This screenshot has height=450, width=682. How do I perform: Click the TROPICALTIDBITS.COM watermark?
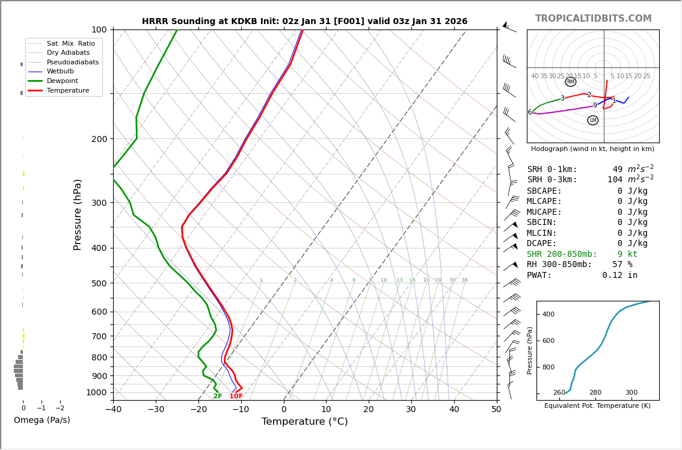[593, 19]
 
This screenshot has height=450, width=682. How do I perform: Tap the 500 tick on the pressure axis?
[99, 283]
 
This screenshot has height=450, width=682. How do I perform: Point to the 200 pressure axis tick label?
[99, 139]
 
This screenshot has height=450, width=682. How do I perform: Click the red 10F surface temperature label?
[236, 396]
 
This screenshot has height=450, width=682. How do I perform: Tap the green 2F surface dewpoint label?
[218, 396]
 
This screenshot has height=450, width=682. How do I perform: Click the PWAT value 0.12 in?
[619, 276]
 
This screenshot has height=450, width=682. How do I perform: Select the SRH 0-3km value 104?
[615, 180]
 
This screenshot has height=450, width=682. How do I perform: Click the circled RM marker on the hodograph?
[571, 82]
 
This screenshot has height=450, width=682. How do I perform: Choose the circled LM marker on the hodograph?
[593, 120]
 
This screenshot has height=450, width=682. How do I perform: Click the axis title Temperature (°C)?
[304, 422]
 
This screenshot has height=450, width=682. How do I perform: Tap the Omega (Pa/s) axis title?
[41, 421]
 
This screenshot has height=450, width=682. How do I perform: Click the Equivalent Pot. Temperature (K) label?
[597, 405]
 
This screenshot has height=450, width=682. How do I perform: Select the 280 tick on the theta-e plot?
[595, 393]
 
